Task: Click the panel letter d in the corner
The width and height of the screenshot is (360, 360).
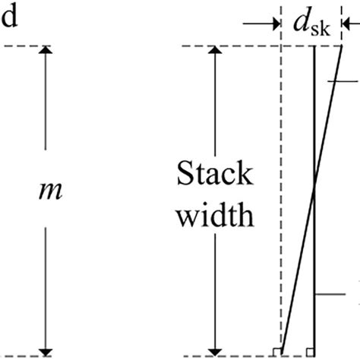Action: pyautogui.click(x=11, y=17)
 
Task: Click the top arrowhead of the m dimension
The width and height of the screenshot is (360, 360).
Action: pyautogui.click(x=46, y=52)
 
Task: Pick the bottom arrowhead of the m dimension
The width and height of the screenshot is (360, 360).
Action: pyautogui.click(x=46, y=349)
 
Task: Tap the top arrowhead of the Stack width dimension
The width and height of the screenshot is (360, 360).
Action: pyautogui.click(x=216, y=52)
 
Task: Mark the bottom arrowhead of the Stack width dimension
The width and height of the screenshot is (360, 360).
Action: pyautogui.click(x=216, y=349)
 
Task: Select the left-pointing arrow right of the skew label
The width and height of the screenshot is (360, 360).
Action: pyautogui.click(x=350, y=25)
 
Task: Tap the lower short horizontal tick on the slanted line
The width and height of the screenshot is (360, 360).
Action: pyautogui.click(x=334, y=293)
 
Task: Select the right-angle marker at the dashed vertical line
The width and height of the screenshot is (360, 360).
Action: pyautogui.click(x=278, y=350)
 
